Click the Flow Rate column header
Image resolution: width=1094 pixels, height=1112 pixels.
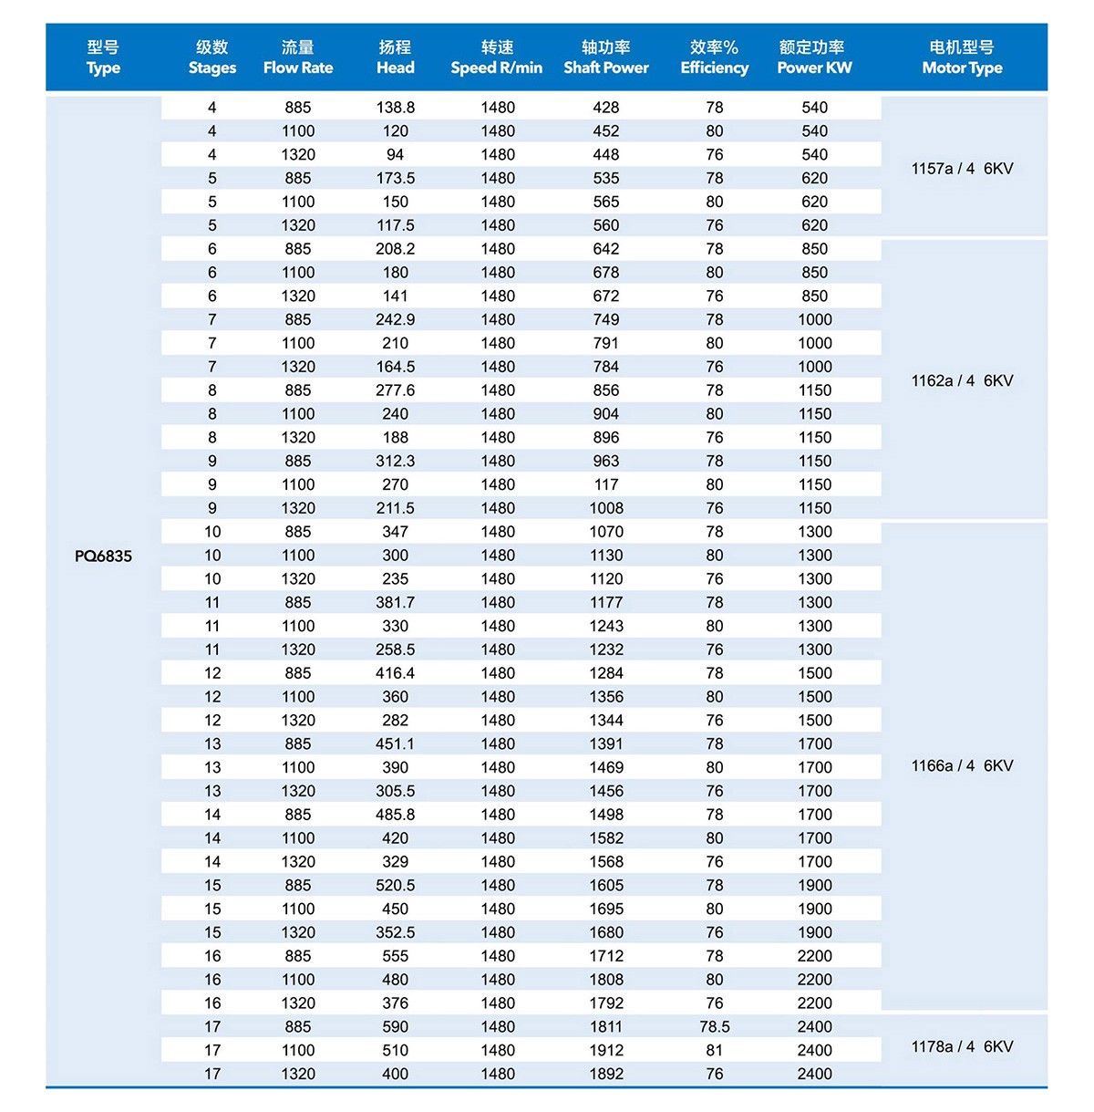click(x=298, y=57)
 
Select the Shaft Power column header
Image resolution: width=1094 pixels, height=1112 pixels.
click(x=606, y=57)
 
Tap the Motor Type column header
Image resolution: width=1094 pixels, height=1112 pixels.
click(x=962, y=57)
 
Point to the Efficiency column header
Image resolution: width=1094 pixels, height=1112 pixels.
click(x=714, y=57)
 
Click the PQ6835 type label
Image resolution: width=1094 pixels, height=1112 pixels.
click(x=103, y=556)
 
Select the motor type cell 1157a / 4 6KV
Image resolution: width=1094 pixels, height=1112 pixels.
click(x=962, y=169)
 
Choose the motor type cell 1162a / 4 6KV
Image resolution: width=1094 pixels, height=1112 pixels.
click(x=962, y=380)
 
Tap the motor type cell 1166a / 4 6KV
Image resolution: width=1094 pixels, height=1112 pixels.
click(x=962, y=765)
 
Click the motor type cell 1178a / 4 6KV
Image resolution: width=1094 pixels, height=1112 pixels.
click(x=962, y=1046)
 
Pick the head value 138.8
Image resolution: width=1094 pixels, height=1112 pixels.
click(x=395, y=108)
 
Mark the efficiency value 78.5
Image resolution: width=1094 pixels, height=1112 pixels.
click(x=714, y=1026)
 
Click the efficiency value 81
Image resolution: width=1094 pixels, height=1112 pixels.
click(x=714, y=1050)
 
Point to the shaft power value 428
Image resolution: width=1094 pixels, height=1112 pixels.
click(x=606, y=108)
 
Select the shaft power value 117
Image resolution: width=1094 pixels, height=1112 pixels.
click(x=606, y=484)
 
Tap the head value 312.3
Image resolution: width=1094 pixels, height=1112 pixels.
click(x=395, y=461)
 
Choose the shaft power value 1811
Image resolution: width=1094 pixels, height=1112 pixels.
click(x=606, y=1026)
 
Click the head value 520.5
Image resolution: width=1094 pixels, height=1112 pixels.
click(x=395, y=885)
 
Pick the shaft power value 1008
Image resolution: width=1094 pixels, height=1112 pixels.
click(x=606, y=508)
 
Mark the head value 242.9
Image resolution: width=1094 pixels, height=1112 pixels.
click(x=395, y=319)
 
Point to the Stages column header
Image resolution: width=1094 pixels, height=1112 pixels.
click(x=212, y=57)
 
